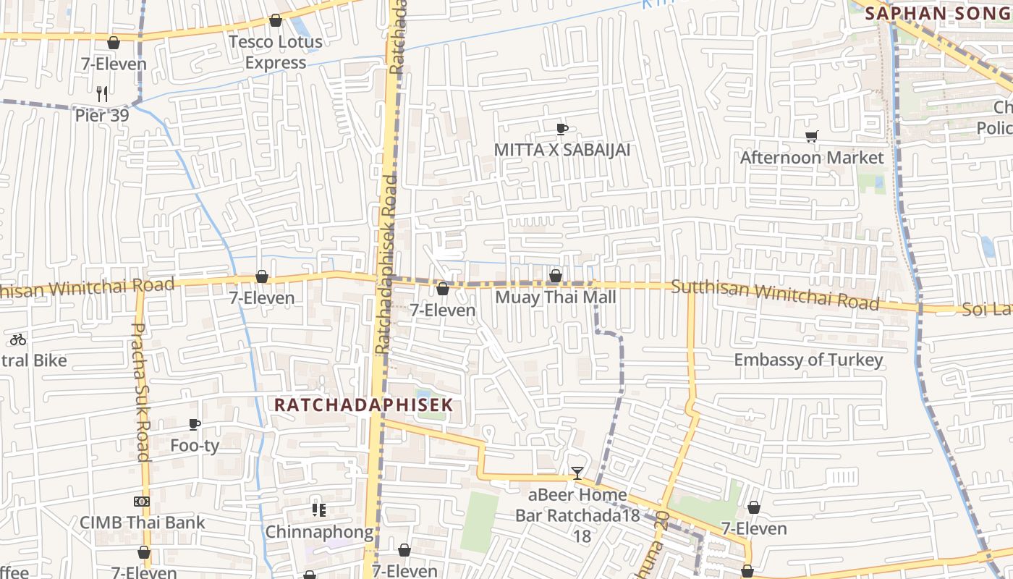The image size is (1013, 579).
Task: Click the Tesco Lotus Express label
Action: pos(276,52)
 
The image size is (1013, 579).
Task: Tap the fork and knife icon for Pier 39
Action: pos(102,93)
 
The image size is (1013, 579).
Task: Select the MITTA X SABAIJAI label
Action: pos(562,150)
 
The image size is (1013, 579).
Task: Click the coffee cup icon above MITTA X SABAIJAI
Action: pos(561,130)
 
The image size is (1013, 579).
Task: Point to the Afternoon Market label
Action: pos(812,157)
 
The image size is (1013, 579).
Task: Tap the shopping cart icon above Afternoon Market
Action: pos(812,137)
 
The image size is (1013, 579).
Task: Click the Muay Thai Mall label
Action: pos(556,297)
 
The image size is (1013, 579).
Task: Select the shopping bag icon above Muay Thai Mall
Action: pos(556,276)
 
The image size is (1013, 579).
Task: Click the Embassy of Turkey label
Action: pos(808,360)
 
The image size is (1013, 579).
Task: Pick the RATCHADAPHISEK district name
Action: pos(363,405)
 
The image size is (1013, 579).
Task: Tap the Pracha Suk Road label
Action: pos(140,392)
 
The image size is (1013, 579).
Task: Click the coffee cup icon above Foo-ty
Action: pos(194,425)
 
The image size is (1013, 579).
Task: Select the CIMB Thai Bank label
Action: pos(142,522)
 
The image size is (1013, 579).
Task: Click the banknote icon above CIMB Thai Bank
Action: pos(142,501)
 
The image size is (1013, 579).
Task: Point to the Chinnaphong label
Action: pos(319,532)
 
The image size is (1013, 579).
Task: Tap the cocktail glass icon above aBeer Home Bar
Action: pos(577,473)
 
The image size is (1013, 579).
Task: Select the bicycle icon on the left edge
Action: pos(18,339)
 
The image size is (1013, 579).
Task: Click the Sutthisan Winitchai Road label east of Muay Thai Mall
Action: pos(775,295)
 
